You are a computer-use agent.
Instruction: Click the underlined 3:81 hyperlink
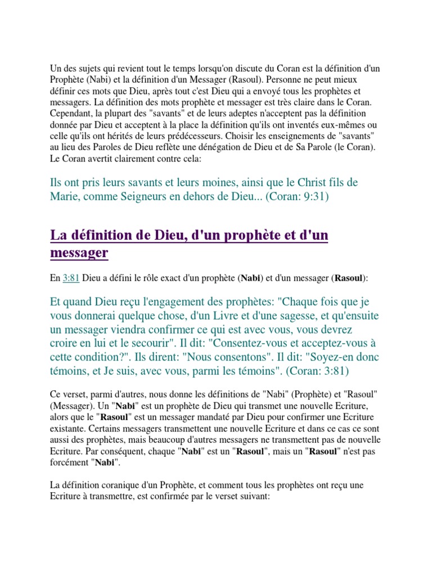pos(71,278)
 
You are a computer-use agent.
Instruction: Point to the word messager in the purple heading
pos(79,253)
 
